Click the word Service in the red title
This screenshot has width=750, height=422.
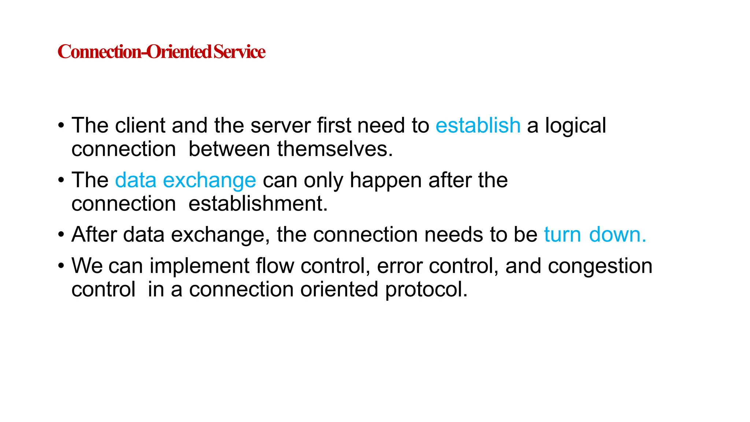point(240,52)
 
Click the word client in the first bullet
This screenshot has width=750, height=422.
point(140,125)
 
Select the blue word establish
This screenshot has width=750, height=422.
point(478,125)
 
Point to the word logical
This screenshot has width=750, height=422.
point(575,126)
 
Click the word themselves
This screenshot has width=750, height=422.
point(335,149)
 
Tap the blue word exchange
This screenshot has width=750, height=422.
point(209,181)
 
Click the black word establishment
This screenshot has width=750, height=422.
point(258,204)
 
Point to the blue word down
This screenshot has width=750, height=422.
point(617,234)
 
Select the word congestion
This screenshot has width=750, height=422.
point(600,266)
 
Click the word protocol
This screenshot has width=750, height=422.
point(426,290)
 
